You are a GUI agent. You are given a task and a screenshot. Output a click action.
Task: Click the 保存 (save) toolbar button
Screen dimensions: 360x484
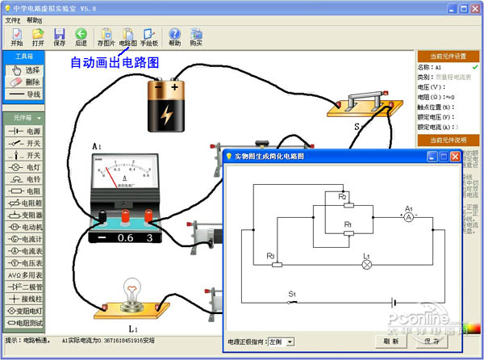click(x=59, y=36)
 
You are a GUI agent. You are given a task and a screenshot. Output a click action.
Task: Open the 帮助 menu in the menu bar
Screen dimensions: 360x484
click(x=34, y=19)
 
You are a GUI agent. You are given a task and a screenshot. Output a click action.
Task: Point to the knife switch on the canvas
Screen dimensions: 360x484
click(x=364, y=106)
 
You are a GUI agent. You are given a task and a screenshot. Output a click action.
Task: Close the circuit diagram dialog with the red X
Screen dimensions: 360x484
click(x=456, y=156)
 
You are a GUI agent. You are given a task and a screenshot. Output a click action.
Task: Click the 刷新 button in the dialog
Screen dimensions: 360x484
click(x=391, y=341)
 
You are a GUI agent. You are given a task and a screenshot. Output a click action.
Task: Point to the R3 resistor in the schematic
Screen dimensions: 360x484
click(x=277, y=264)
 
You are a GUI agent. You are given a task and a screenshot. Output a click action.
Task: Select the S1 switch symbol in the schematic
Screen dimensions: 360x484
click(x=293, y=302)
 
